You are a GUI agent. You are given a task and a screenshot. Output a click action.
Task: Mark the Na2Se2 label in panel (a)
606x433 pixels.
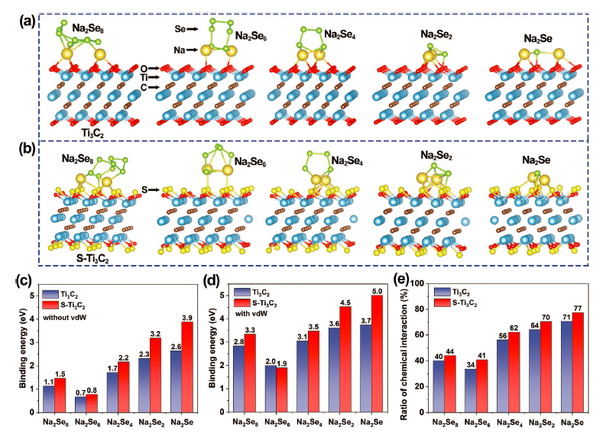(x=438, y=34)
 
